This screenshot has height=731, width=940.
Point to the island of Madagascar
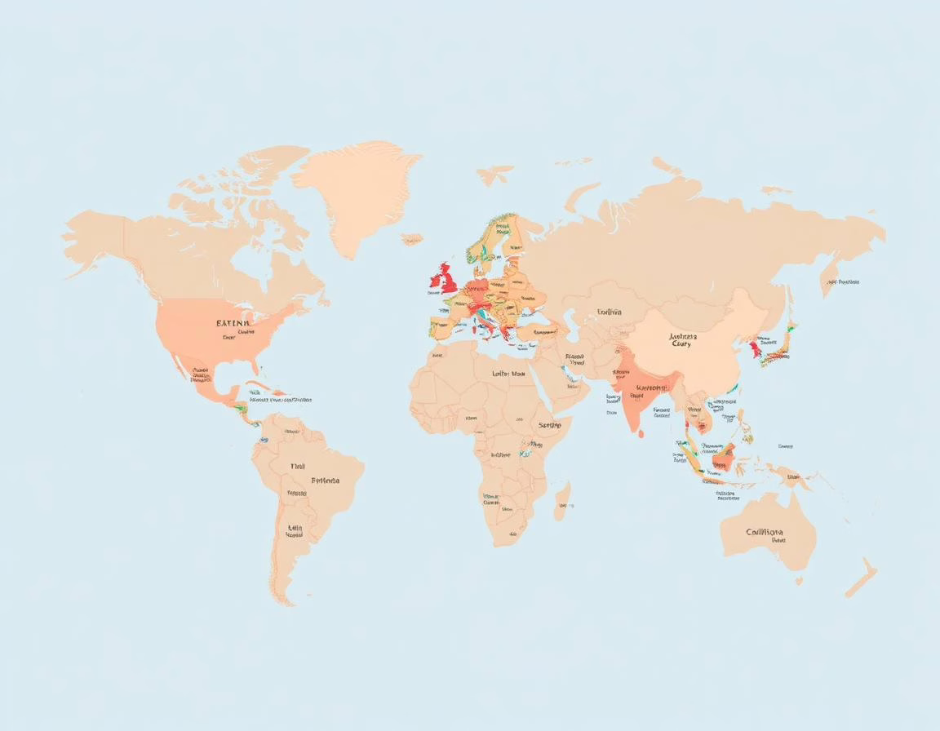coord(563,499)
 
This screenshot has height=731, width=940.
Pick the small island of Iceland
coord(412,238)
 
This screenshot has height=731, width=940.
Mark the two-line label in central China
coord(682,339)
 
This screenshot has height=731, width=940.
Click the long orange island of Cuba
coord(260,384)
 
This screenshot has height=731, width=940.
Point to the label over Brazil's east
coord(325,481)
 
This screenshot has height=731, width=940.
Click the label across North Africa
coord(508,373)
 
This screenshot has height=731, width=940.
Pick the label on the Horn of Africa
coord(550,425)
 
